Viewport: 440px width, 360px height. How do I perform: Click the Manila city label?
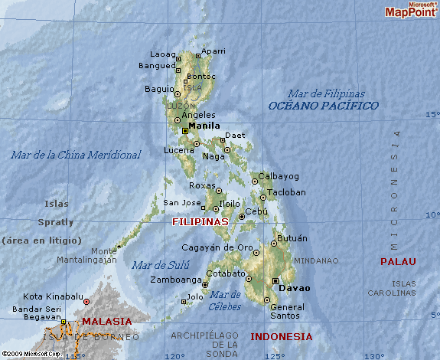click(204, 126)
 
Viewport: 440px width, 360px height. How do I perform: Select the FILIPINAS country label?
click(200, 221)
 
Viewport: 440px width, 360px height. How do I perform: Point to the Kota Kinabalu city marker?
click(86, 301)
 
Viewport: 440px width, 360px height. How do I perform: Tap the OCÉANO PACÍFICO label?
click(323, 106)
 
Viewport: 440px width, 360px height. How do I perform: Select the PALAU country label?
click(398, 261)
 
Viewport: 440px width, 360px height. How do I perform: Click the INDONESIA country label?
click(281, 336)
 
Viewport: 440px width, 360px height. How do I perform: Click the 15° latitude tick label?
click(432, 115)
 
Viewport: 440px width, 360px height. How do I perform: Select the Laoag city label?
click(162, 54)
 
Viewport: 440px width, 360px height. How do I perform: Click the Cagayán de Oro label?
click(217, 247)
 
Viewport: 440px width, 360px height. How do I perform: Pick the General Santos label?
click(288, 312)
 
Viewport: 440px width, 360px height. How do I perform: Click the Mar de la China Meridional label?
click(76, 155)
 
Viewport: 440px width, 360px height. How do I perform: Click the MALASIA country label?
click(106, 321)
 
